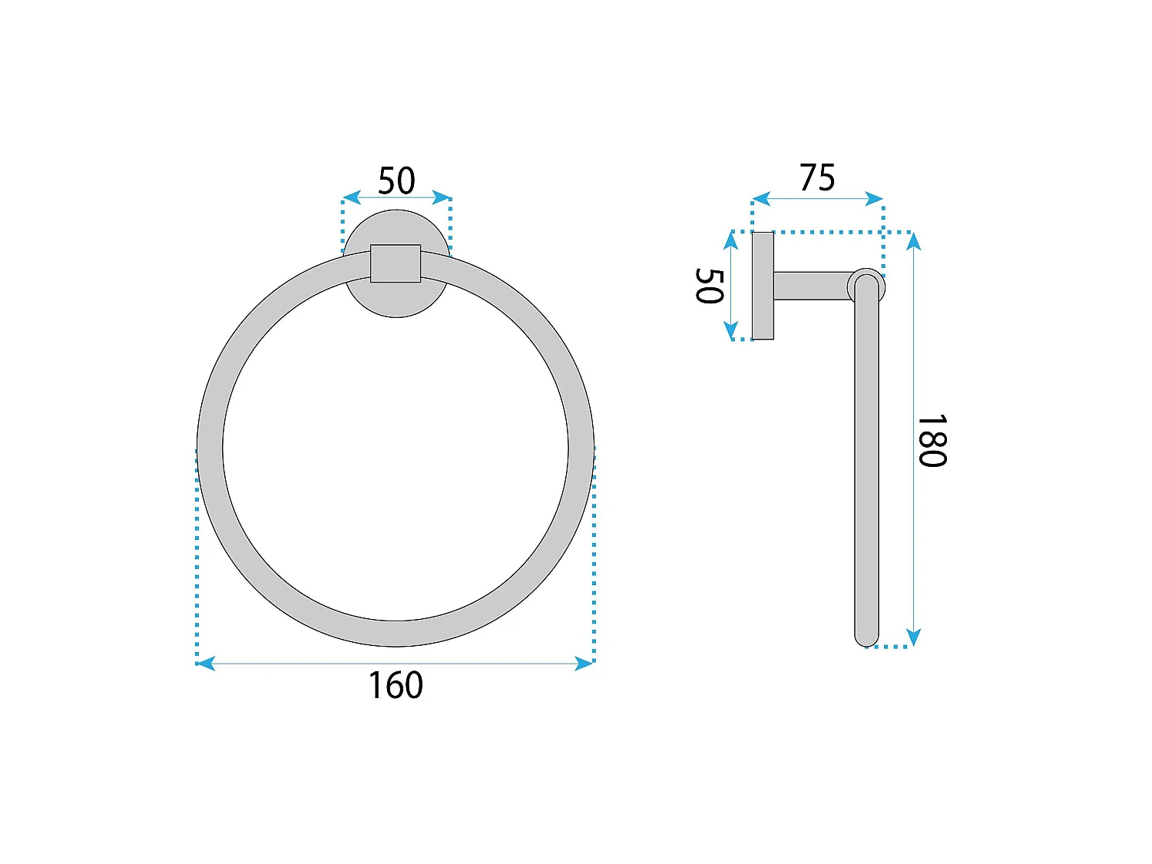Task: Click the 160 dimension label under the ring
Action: point(396,685)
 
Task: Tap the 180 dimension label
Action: point(932,441)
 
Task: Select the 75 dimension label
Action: point(816,177)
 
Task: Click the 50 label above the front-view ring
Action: point(396,181)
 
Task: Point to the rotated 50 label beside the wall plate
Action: point(709,286)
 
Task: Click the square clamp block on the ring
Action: point(396,263)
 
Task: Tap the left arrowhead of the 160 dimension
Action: point(206,663)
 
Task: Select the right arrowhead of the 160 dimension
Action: point(584,663)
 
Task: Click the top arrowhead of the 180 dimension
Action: point(914,241)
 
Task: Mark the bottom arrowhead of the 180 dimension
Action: point(914,637)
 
